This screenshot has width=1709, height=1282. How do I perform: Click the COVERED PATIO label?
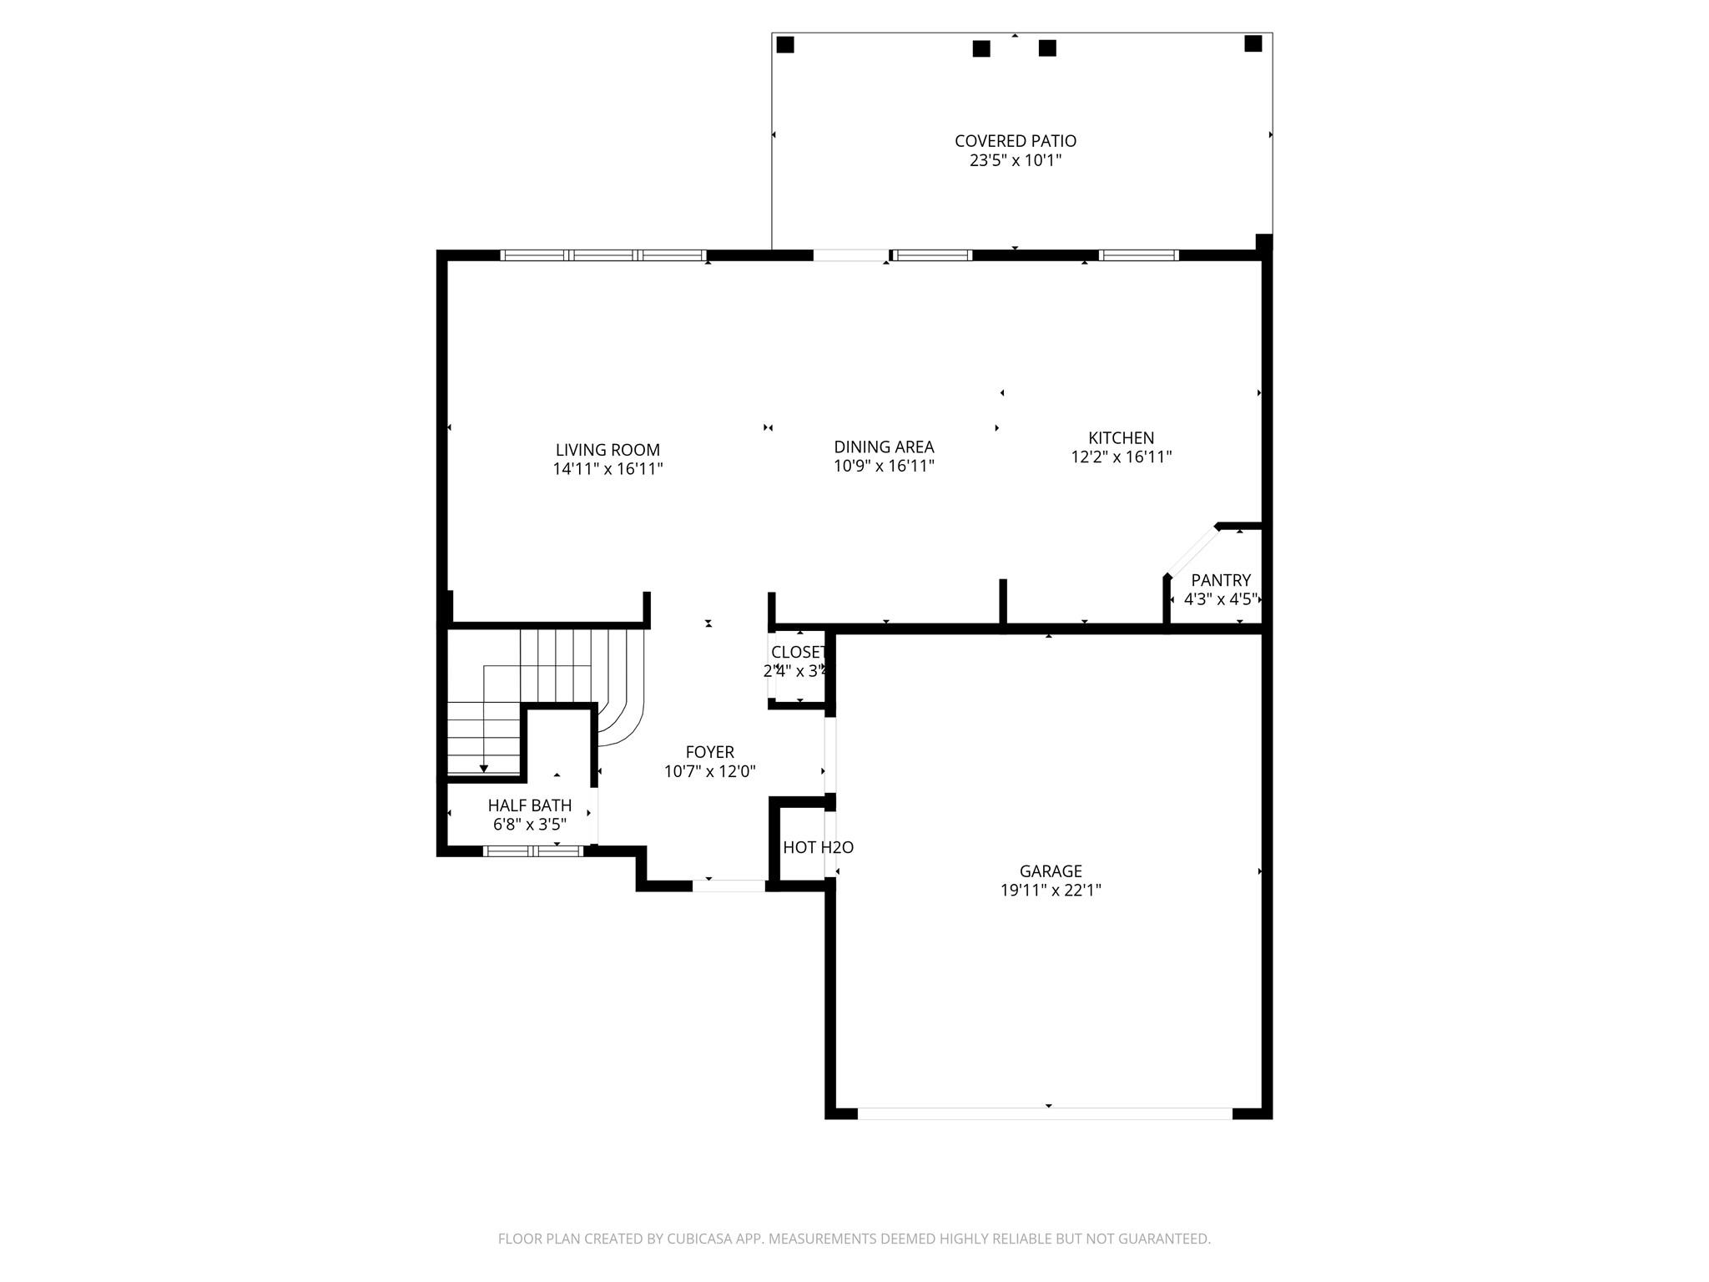tap(1015, 141)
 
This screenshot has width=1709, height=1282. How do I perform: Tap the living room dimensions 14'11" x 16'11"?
tap(607, 469)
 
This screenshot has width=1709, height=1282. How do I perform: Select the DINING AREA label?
tap(884, 447)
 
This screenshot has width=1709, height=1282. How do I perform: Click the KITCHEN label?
tap(1121, 437)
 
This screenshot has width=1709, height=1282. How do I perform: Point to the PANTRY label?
tap(1220, 580)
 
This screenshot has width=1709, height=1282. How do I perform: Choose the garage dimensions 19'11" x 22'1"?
tap(1051, 890)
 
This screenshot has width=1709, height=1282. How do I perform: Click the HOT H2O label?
tap(818, 847)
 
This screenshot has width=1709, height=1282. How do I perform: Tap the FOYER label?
tap(709, 752)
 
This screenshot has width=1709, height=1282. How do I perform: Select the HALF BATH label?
tap(529, 805)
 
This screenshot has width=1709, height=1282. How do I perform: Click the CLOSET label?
tap(798, 652)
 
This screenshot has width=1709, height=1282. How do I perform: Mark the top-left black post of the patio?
tap(784, 44)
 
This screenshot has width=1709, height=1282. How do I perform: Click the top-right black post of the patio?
tap(1253, 43)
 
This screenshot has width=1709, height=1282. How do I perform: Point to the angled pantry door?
tap(1192, 550)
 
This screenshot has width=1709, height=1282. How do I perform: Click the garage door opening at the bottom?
tap(1044, 1113)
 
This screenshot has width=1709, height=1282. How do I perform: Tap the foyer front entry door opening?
tap(728, 886)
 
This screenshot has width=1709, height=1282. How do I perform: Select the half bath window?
tap(533, 851)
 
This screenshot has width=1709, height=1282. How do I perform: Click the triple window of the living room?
tap(603, 255)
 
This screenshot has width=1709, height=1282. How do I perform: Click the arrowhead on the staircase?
tap(483, 769)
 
